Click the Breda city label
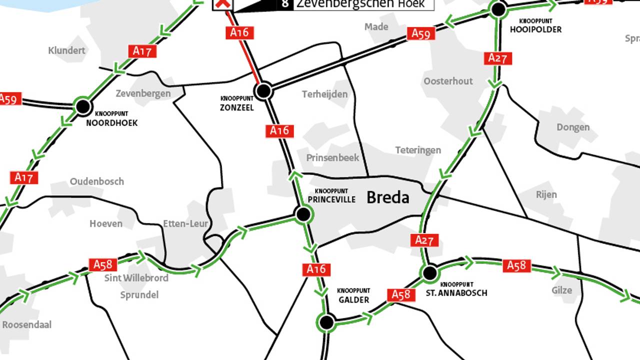(387, 197)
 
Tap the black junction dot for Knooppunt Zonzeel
(263, 91)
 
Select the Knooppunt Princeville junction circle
(302, 214)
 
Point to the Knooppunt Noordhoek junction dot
(83, 106)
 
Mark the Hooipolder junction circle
(498, 9)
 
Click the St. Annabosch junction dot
(429, 273)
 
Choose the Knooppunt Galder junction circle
(326, 322)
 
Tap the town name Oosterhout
(448, 81)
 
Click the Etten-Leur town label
(185, 223)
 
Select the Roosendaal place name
(26, 324)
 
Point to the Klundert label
(66, 50)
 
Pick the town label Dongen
(573, 127)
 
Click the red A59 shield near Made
(421, 33)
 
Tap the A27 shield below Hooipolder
(498, 58)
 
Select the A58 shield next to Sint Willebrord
(103, 264)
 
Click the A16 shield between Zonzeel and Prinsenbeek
(279, 130)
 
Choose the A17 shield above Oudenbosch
(24, 177)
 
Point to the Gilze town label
(561, 290)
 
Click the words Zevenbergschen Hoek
(360, 4)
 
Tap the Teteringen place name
(418, 150)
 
